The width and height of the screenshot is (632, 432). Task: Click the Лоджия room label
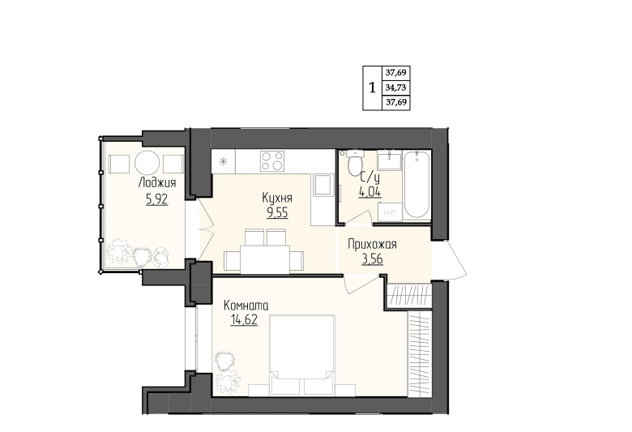[157, 182]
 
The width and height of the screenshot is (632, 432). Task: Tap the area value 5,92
[157, 199]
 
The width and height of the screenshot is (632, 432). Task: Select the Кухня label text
[277, 198]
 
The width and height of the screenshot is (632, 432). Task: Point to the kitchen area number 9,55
[277, 212]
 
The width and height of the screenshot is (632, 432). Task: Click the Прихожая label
[372, 245]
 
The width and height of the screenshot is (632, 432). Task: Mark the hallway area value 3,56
[373, 259]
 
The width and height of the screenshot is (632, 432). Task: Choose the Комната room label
[246, 305]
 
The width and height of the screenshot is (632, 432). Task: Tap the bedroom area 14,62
[244, 319]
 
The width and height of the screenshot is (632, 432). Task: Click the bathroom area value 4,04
[370, 192]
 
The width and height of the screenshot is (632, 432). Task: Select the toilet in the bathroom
[355, 163]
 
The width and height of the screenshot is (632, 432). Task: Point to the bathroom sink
[390, 160]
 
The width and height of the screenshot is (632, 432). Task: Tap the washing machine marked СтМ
[390, 212]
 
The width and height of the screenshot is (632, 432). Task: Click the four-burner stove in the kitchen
[272, 161]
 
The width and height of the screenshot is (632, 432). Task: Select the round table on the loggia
[147, 163]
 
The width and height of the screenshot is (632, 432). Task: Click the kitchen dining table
[265, 259]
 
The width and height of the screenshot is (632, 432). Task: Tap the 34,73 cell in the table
[395, 88]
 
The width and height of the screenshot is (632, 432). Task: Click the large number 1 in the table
[372, 87]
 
